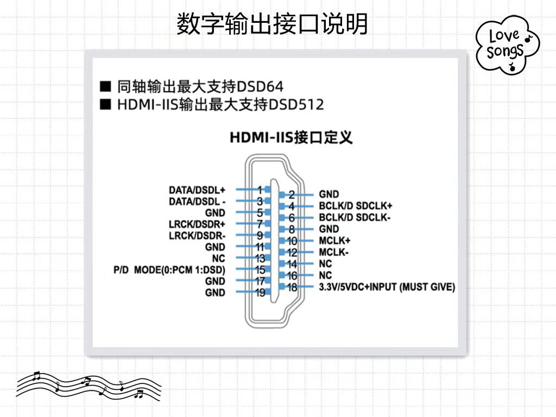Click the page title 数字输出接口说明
(x=272, y=24)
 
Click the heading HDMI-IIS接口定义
(x=291, y=137)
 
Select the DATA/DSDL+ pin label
(x=197, y=190)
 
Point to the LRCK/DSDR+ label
(x=197, y=224)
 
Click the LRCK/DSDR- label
(x=197, y=236)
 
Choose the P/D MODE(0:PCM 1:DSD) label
(x=169, y=270)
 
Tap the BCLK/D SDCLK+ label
(x=356, y=206)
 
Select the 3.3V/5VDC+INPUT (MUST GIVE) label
(x=387, y=287)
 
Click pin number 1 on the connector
(x=260, y=190)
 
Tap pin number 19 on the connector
(x=260, y=293)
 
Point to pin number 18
(x=292, y=287)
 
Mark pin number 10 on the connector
(x=292, y=241)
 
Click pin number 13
(x=260, y=258)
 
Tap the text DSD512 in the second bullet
(x=296, y=104)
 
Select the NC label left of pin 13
(x=218, y=258)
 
